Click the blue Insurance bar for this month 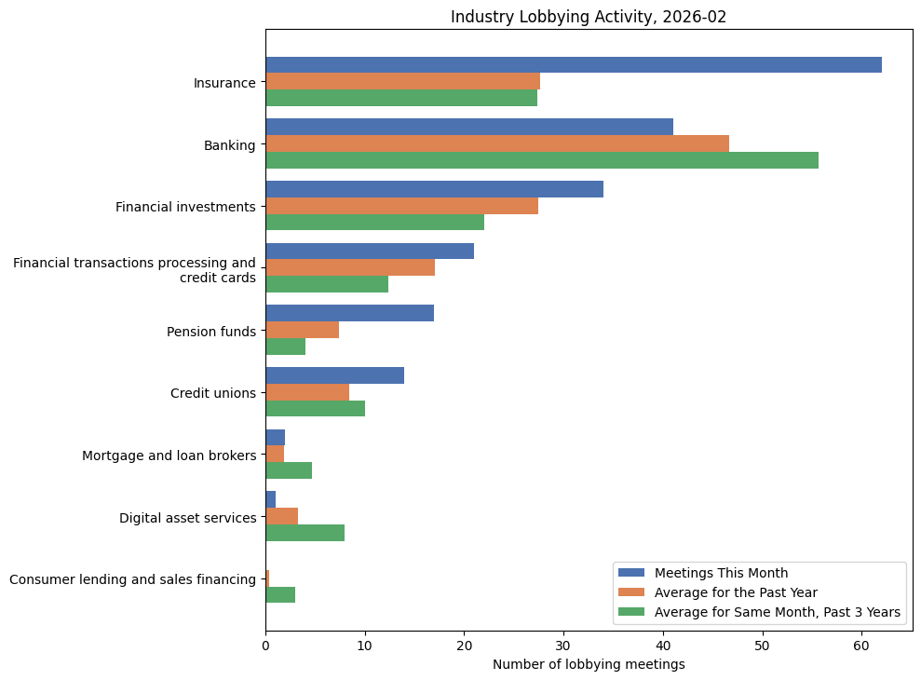(573, 64)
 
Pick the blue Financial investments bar (434, 189)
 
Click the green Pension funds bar (285, 347)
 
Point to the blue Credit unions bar (334, 375)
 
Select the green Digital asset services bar (305, 533)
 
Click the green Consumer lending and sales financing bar (280, 595)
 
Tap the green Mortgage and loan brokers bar (289, 470)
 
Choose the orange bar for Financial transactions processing (350, 267)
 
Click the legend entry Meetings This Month (721, 573)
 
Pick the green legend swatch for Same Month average (631, 612)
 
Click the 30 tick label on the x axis (563, 645)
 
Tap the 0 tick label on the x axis (265, 645)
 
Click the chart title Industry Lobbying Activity (589, 17)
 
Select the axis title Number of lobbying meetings (589, 664)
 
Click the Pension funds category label (210, 332)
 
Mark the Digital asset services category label (187, 518)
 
